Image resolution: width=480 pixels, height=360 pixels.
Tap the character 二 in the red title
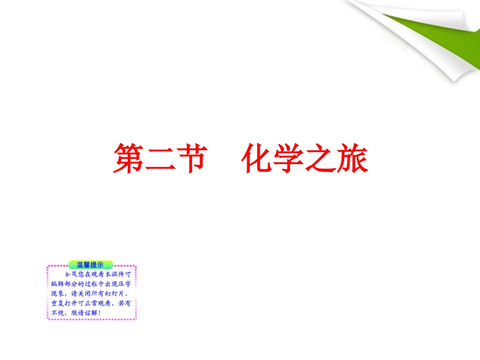pos(160,159)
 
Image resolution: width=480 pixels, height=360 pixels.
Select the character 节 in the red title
pos(193,159)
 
